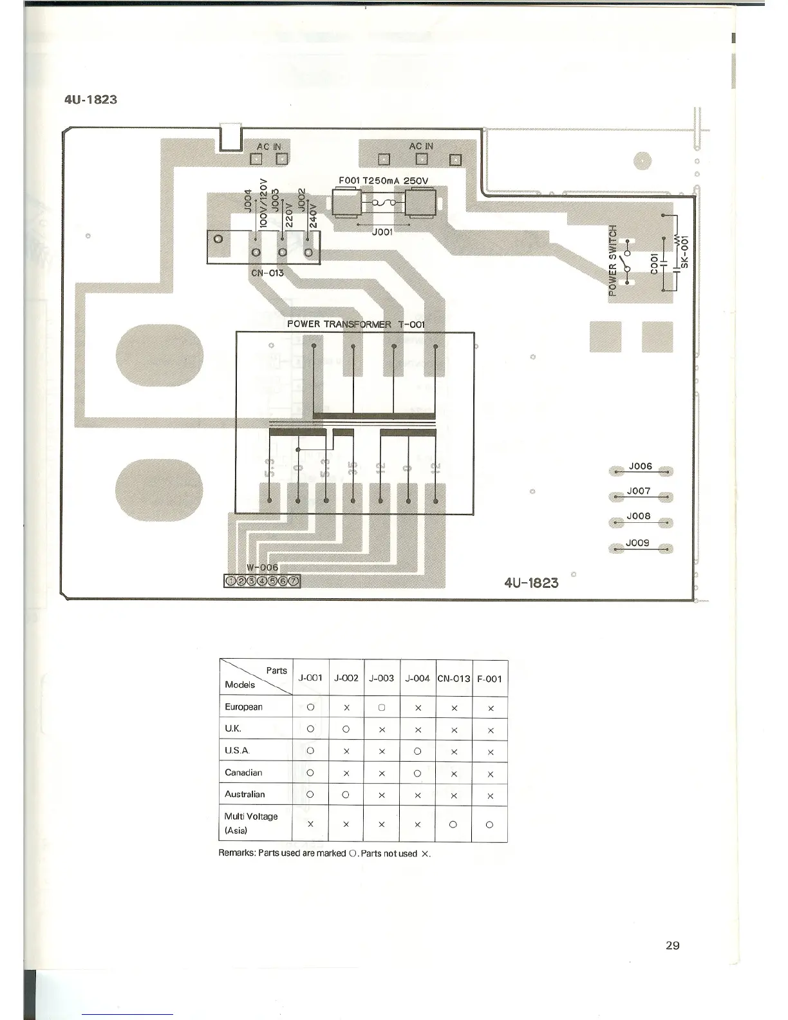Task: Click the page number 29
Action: [672, 945]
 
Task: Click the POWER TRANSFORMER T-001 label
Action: [355, 324]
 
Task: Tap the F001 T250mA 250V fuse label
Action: [383, 180]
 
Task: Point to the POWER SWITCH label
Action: [613, 259]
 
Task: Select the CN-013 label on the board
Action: [267, 272]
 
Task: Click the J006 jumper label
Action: [640, 466]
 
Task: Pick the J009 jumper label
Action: [638, 543]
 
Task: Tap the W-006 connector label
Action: [263, 567]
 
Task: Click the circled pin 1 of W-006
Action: [230, 581]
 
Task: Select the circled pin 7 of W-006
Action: [294, 581]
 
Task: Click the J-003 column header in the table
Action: [381, 678]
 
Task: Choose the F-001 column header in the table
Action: [489, 679]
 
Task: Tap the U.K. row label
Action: [233, 729]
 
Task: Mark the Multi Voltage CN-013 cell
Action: [453, 824]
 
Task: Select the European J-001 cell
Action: [310, 707]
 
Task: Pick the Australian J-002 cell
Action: [346, 795]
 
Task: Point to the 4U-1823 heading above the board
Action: [91, 100]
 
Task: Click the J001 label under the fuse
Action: [382, 232]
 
